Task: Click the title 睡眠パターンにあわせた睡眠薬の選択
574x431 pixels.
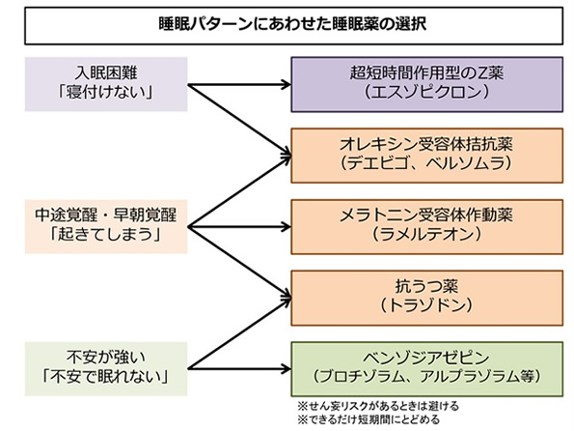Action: (293, 24)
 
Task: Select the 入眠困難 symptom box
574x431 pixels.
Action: (106, 84)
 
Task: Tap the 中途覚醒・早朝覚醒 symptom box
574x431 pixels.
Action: (106, 226)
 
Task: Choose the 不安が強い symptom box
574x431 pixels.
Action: (106, 368)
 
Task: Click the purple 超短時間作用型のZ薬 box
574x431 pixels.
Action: (426, 84)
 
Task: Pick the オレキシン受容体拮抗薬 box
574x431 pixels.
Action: (426, 156)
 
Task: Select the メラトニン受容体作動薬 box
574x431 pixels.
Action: (426, 227)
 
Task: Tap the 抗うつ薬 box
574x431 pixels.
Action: (426, 298)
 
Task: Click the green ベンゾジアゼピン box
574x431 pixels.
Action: (426, 369)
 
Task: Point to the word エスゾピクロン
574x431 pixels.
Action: (426, 92)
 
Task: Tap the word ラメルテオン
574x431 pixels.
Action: (426, 235)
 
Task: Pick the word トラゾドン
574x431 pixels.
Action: (426, 305)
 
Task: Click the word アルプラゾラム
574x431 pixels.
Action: (470, 377)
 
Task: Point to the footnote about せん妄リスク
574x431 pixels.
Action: (378, 406)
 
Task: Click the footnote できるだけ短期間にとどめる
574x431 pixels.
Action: (369, 419)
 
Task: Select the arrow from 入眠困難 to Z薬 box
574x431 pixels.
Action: (239, 85)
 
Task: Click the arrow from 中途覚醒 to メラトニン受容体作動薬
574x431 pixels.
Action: (239, 227)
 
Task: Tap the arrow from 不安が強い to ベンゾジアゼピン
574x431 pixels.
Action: (239, 368)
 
